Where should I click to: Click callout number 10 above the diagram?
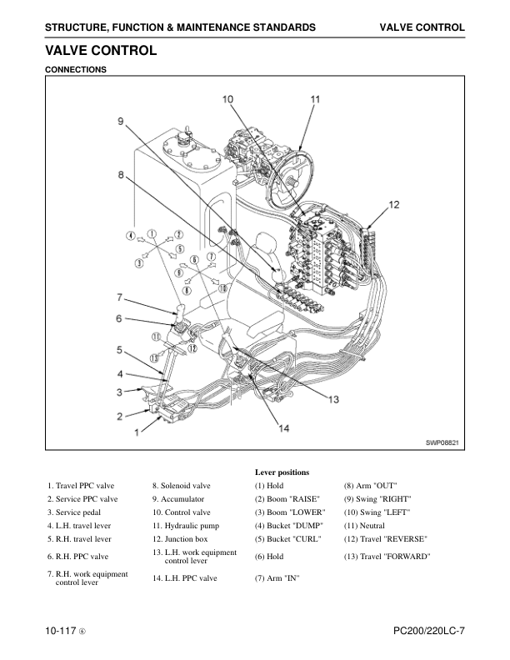point(227,100)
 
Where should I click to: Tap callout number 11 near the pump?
point(315,100)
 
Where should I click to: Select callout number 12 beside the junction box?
point(394,205)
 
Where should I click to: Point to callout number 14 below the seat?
point(283,427)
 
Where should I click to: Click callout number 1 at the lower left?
point(137,433)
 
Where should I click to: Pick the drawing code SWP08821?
point(442,443)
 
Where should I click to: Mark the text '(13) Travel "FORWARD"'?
point(387,555)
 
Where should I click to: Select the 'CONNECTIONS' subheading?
point(76,69)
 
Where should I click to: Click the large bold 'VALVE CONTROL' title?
point(101,51)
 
